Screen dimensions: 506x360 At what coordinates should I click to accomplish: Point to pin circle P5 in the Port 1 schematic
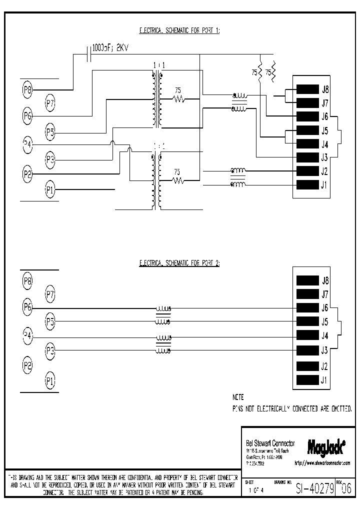coord(50,132)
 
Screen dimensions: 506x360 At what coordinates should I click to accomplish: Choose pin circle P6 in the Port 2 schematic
coord(27,306)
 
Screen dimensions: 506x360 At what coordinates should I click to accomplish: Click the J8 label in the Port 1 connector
coord(324,89)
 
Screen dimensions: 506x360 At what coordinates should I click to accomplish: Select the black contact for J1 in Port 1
coord(307,185)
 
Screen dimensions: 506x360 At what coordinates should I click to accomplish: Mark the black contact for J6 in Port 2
coord(307,307)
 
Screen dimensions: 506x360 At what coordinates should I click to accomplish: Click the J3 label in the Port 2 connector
coord(324,350)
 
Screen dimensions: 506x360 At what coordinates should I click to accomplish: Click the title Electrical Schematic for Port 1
coord(179,30)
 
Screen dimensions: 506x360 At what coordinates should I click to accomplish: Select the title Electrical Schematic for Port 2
coord(179,262)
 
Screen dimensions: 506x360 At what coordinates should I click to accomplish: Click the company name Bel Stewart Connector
coord(270,443)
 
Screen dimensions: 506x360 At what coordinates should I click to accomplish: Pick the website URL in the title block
coord(322,463)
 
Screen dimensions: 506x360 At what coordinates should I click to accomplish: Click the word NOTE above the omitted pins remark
coord(238,397)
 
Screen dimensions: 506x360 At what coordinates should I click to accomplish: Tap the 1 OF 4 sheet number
coord(256,491)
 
